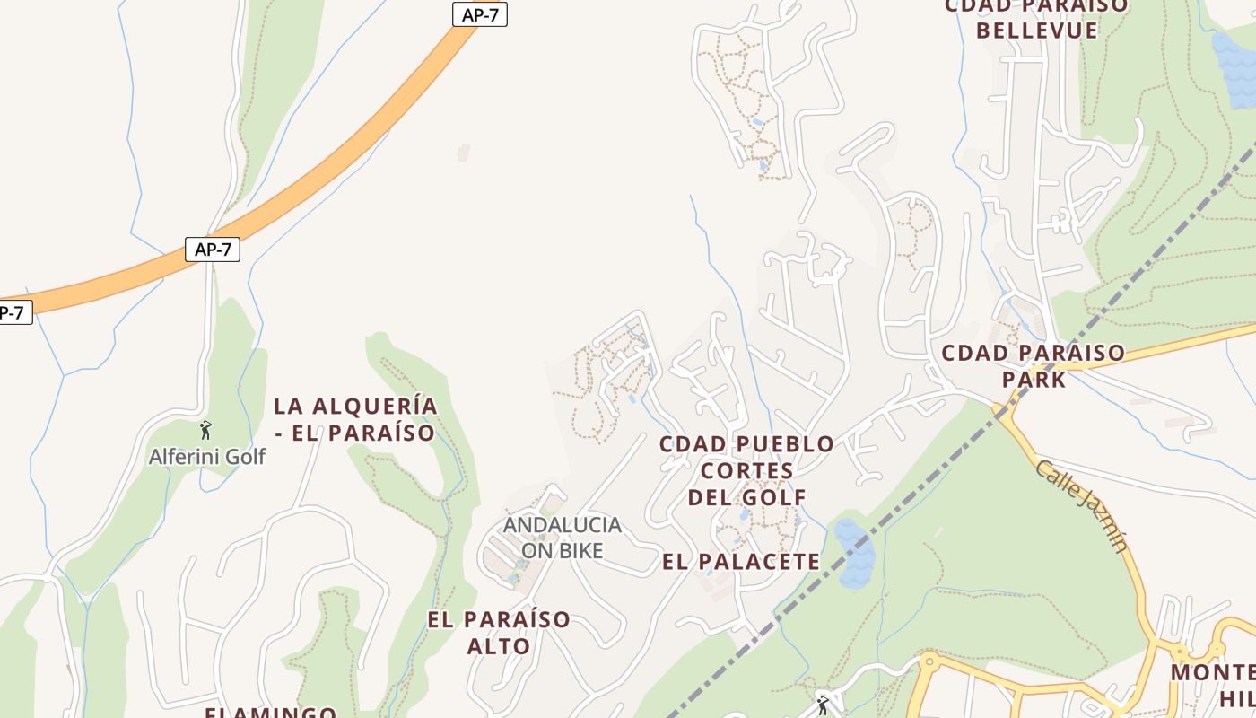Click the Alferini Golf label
(x=207, y=456)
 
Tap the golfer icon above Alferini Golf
(x=205, y=430)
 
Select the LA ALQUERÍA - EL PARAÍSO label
(x=355, y=419)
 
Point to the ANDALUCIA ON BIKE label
(x=562, y=537)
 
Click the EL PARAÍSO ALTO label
(x=499, y=632)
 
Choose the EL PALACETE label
(x=741, y=562)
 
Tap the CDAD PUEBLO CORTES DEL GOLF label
(x=747, y=470)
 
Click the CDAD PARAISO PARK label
(x=1034, y=365)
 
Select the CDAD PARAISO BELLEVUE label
(x=1037, y=18)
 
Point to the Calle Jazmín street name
(x=1081, y=505)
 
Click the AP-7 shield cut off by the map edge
(x=13, y=312)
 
